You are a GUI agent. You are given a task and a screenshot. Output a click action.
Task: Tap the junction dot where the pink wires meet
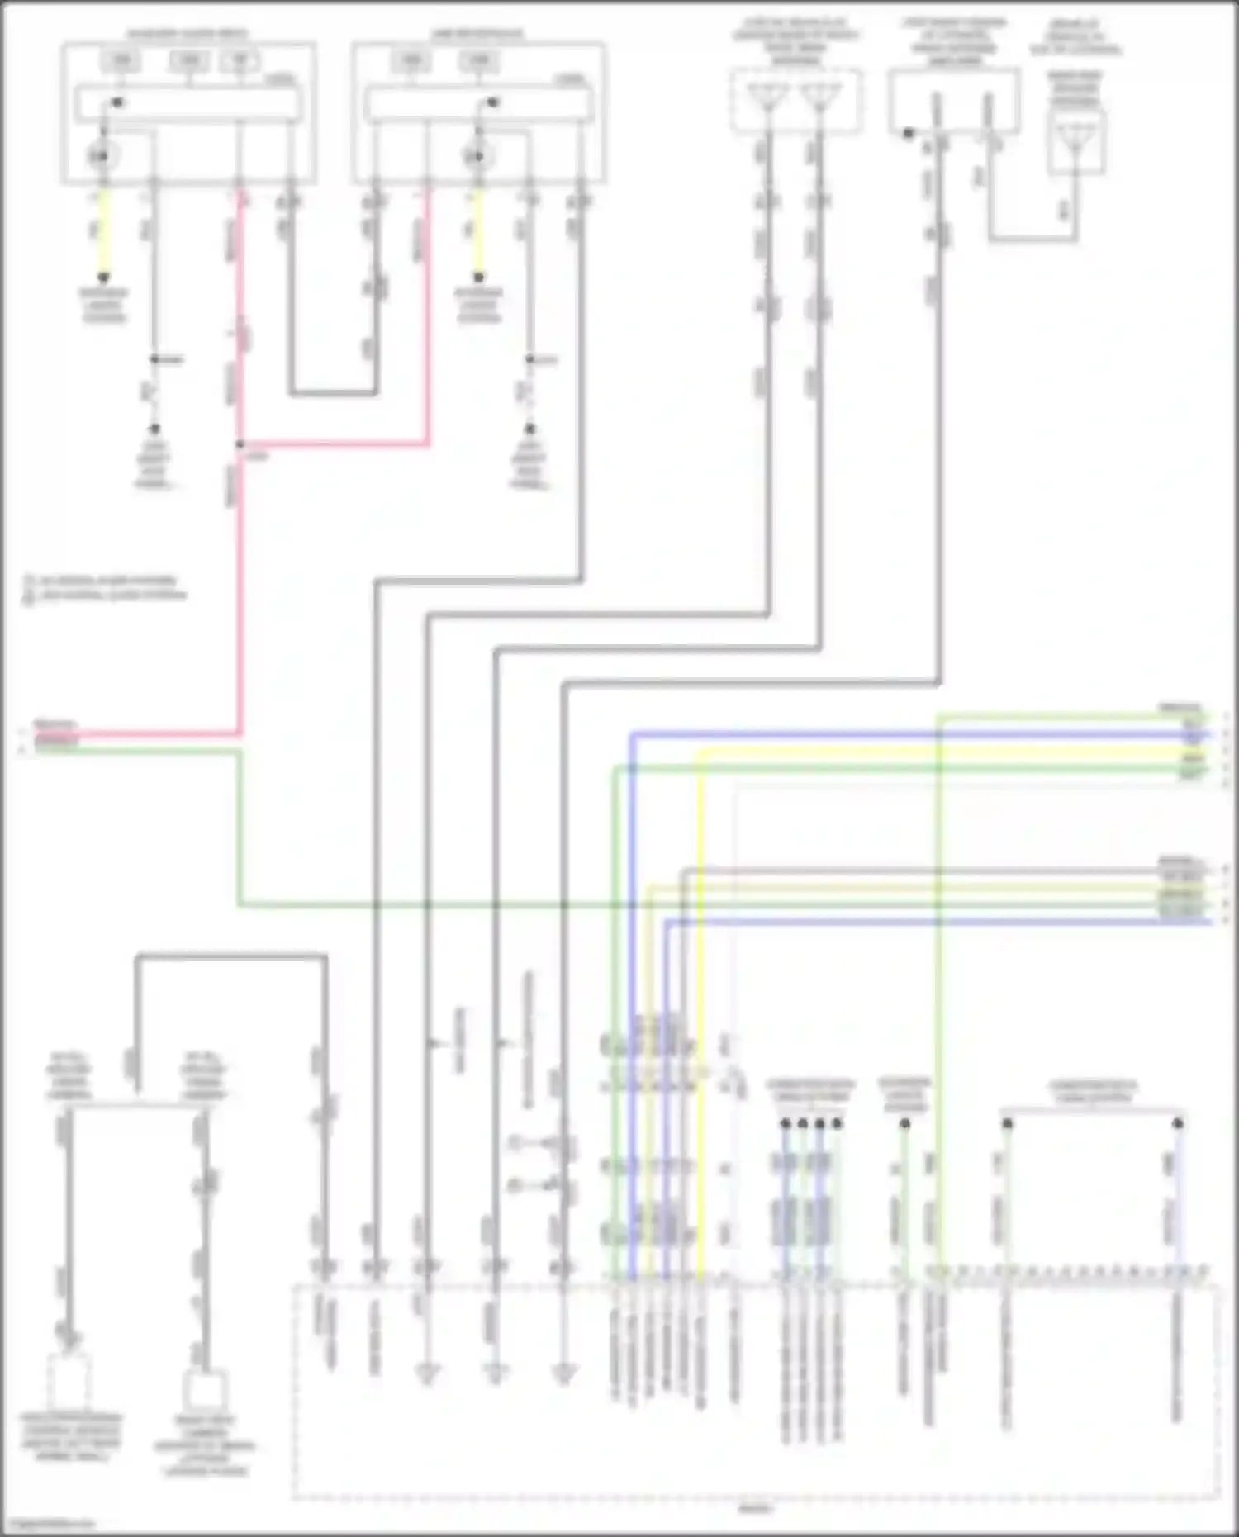point(240,444)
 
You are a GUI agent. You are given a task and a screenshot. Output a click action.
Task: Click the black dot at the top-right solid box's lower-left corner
point(909,133)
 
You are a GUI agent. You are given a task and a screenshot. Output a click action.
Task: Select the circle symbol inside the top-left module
point(102,156)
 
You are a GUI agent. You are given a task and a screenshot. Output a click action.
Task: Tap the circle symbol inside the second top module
point(476,156)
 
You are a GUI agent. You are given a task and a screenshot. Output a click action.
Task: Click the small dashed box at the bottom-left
point(69,1380)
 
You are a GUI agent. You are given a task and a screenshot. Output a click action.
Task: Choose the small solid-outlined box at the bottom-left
point(204,1390)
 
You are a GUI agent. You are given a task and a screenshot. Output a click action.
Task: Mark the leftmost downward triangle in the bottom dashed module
point(427,1374)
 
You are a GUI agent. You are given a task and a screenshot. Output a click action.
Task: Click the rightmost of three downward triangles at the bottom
point(564,1374)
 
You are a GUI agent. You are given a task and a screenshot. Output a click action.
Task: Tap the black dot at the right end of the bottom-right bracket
point(1178,1123)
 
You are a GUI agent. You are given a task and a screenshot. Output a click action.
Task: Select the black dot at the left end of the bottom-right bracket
point(1007,1123)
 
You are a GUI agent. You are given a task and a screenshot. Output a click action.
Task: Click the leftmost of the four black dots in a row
point(785,1123)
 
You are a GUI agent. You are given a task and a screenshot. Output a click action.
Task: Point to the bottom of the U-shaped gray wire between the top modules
point(333,392)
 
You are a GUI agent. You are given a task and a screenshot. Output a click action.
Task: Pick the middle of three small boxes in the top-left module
point(189,60)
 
